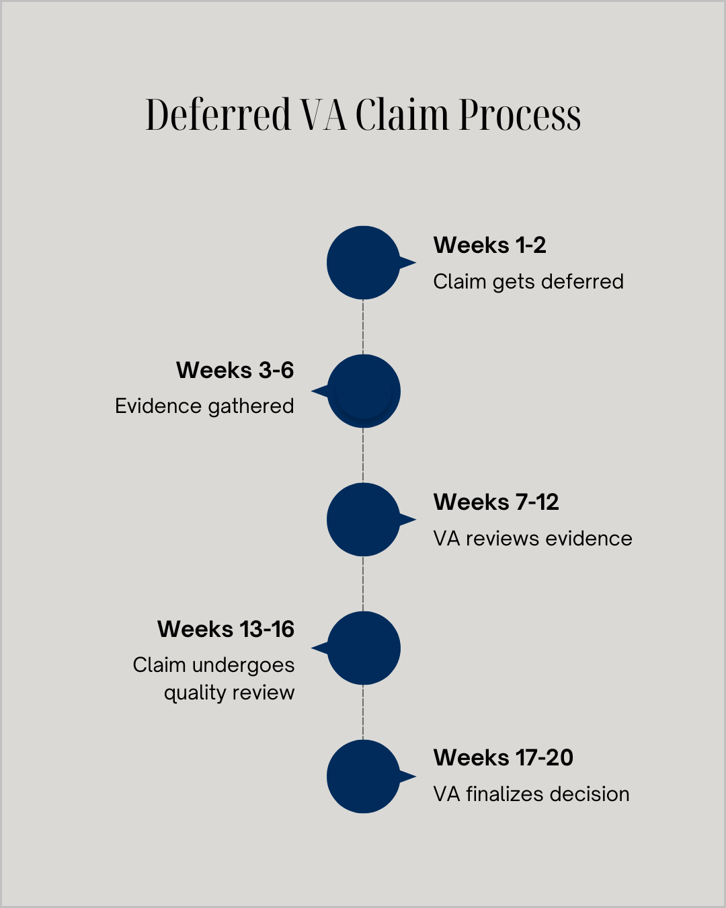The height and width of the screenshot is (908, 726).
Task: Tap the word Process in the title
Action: pyautogui.click(x=520, y=116)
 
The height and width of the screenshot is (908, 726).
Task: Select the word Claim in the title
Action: pyautogui.click(x=401, y=114)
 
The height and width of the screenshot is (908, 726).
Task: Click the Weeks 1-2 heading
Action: pyautogui.click(x=489, y=245)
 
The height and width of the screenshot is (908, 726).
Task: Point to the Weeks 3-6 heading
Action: pyautogui.click(x=235, y=370)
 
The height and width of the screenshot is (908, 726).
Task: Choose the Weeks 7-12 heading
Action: pyautogui.click(x=496, y=502)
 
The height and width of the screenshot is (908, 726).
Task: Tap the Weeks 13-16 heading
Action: pyautogui.click(x=226, y=629)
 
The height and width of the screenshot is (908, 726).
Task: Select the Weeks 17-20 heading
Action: pyautogui.click(x=503, y=758)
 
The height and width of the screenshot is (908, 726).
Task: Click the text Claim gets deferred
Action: pyautogui.click(x=528, y=282)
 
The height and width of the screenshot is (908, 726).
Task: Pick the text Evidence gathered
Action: pyautogui.click(x=204, y=406)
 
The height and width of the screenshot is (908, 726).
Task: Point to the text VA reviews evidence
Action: pyautogui.click(x=532, y=539)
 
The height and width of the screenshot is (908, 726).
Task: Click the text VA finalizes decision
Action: pyautogui.click(x=531, y=794)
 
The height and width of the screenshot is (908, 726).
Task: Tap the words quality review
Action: pyautogui.click(x=229, y=693)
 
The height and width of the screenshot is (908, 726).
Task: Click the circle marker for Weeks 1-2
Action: pyautogui.click(x=363, y=262)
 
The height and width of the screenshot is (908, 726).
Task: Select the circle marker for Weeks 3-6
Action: pyautogui.click(x=364, y=391)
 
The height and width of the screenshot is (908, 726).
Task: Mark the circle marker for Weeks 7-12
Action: pyautogui.click(x=363, y=519)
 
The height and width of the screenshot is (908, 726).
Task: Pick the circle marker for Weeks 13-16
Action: pyautogui.click(x=364, y=648)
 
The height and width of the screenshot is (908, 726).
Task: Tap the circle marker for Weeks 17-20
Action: pyautogui.click(x=363, y=776)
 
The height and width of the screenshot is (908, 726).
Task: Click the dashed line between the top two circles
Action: pyautogui.click(x=363, y=327)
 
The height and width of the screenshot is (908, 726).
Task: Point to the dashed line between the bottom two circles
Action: pyautogui.click(x=363, y=712)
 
